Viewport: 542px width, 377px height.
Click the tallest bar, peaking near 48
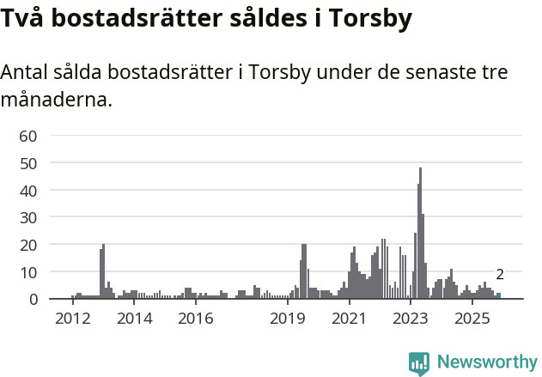(x=420, y=234)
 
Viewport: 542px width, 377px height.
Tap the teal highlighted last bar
(x=499, y=295)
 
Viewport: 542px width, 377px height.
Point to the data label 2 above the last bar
(x=500, y=275)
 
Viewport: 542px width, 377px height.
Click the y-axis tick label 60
(x=28, y=135)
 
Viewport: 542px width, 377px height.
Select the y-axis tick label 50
(x=28, y=162)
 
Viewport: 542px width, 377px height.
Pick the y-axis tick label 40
(x=28, y=190)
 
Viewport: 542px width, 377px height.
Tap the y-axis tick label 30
(x=28, y=217)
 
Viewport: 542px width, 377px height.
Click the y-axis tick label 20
(x=28, y=245)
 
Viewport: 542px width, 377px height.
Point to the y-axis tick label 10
(x=28, y=272)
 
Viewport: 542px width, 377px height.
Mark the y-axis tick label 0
(x=33, y=300)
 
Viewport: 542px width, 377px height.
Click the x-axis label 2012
(x=72, y=319)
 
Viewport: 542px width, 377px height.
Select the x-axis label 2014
(x=134, y=319)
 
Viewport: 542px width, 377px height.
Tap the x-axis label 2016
(x=196, y=319)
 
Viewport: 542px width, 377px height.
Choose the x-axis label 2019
(x=288, y=319)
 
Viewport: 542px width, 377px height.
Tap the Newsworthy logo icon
(x=419, y=363)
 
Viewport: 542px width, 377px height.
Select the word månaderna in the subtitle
(x=56, y=100)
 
